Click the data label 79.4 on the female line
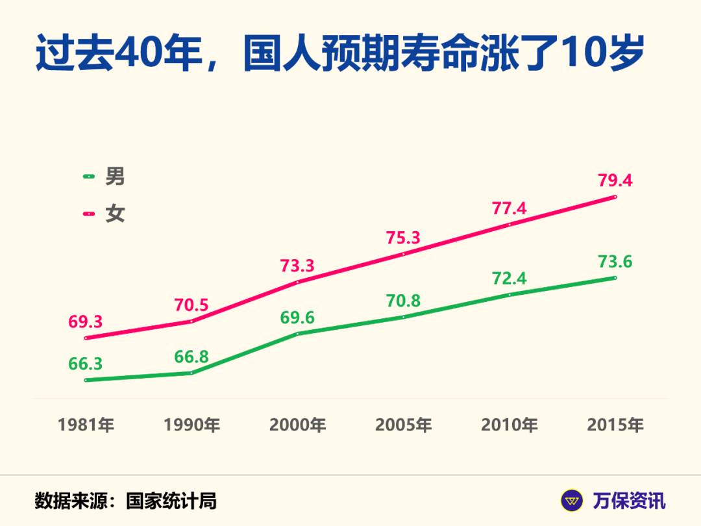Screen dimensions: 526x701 click(x=615, y=180)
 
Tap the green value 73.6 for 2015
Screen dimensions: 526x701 click(x=615, y=262)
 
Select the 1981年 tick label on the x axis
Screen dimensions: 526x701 click(x=86, y=425)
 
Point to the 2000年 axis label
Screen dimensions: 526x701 click(x=298, y=425)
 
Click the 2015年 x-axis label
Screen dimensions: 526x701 click(x=615, y=425)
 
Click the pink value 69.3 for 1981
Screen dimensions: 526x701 click(x=86, y=321)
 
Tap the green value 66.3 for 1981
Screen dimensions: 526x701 click(x=86, y=363)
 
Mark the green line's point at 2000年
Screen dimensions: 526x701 click(x=298, y=334)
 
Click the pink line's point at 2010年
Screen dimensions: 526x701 click(x=510, y=225)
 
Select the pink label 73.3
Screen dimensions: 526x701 click(x=297, y=265)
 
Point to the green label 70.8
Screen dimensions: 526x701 click(x=404, y=301)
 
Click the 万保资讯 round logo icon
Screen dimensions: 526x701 click(x=572, y=501)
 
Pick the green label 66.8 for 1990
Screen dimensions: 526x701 click(x=191, y=357)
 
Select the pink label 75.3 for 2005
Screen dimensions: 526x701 click(x=404, y=238)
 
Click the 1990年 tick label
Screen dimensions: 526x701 click(x=191, y=425)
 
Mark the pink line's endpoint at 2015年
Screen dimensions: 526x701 click(x=615, y=197)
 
